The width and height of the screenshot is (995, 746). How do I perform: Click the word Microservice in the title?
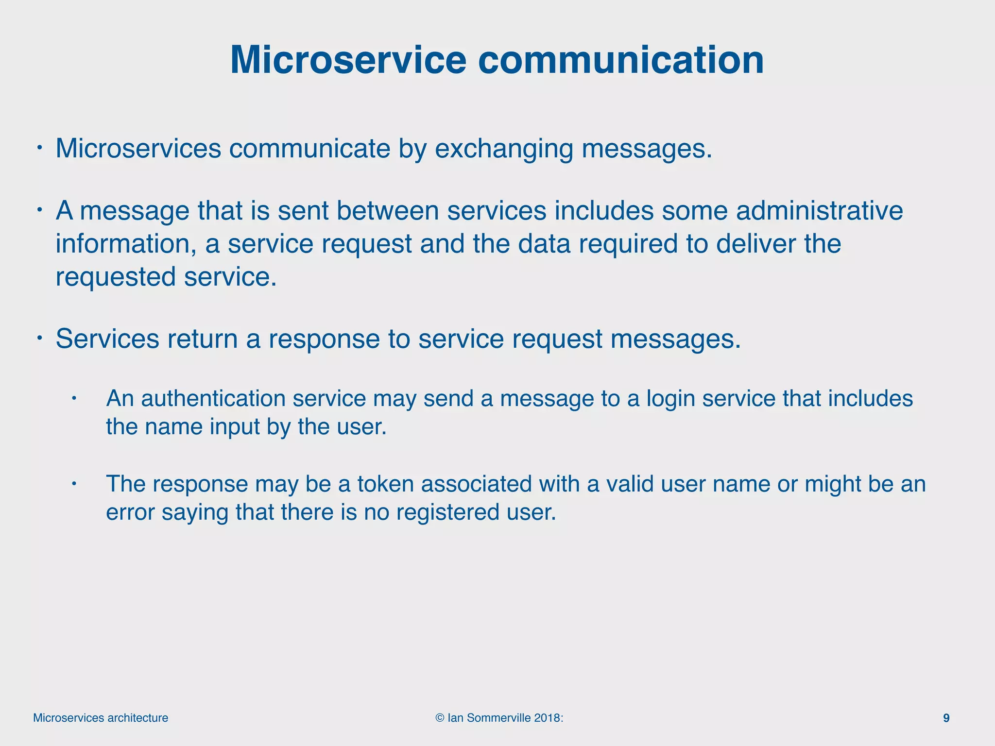click(x=348, y=60)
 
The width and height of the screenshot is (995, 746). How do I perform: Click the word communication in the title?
click(x=621, y=60)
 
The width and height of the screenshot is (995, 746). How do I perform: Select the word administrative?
click(x=820, y=211)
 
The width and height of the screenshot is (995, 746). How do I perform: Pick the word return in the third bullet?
click(x=203, y=339)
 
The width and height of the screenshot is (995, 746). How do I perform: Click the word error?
click(x=130, y=512)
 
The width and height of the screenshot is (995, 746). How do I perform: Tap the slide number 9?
click(x=946, y=718)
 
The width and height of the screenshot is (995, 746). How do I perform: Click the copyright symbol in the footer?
click(x=440, y=718)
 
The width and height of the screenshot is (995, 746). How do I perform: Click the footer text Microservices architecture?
click(x=101, y=718)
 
